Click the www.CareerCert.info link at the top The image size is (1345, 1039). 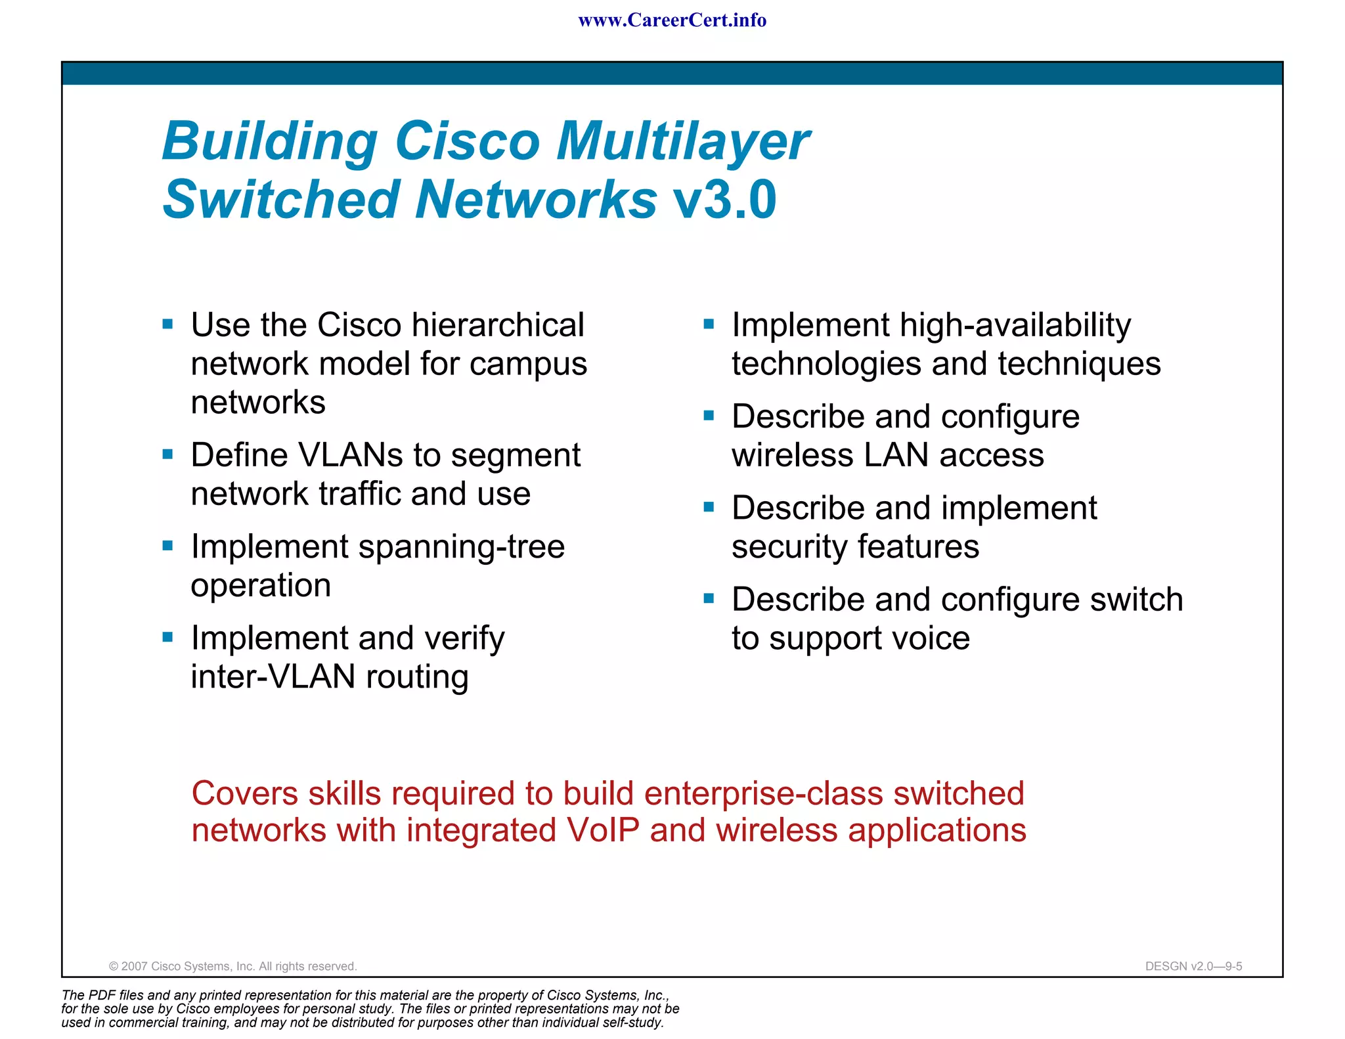672,20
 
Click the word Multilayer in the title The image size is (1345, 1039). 683,141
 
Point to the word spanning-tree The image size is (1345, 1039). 461,547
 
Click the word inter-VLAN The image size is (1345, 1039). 273,677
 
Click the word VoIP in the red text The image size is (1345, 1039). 602,830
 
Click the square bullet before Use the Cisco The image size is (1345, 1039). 167,324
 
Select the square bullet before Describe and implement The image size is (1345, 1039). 709,507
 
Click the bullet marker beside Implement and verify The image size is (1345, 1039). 167,637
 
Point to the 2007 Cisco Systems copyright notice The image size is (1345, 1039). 232,966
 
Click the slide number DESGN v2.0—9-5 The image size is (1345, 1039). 1193,966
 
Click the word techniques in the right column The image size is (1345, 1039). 1079,364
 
